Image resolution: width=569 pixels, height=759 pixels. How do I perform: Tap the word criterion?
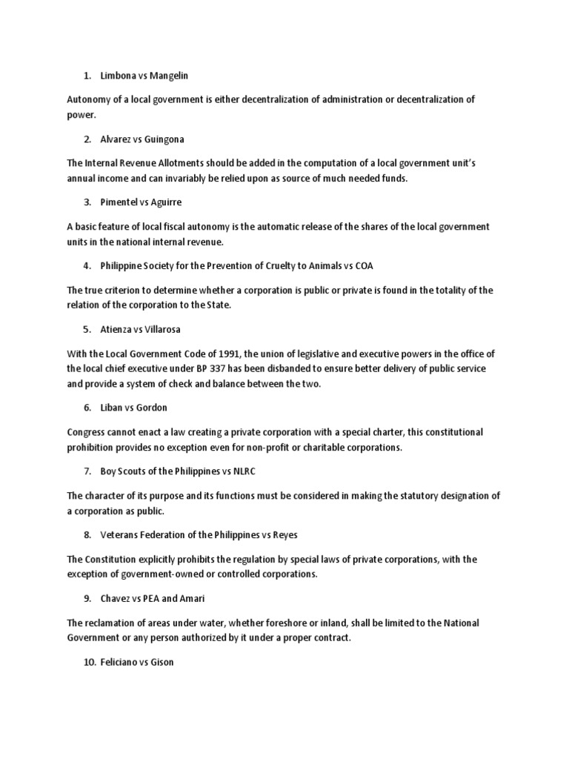[127, 290]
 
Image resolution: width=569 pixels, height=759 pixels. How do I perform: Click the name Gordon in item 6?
[152, 407]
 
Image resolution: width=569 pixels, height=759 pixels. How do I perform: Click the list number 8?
[87, 534]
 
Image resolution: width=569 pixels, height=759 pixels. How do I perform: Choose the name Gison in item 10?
[161, 661]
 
